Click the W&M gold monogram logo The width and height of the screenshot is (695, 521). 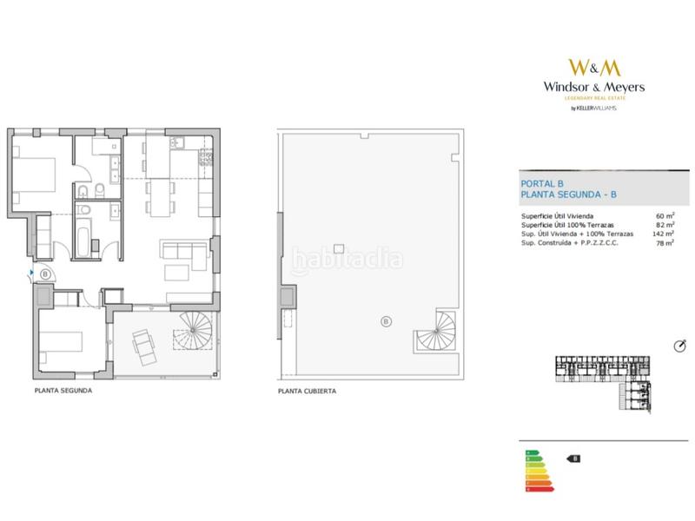593,67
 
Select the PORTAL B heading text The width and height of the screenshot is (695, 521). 542,183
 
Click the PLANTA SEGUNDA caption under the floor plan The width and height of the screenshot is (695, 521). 63,391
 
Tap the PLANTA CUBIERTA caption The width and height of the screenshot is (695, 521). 307,392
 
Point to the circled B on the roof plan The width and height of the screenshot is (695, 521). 386,323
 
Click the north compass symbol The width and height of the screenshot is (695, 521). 679,346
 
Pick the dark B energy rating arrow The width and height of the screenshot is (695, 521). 573,458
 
